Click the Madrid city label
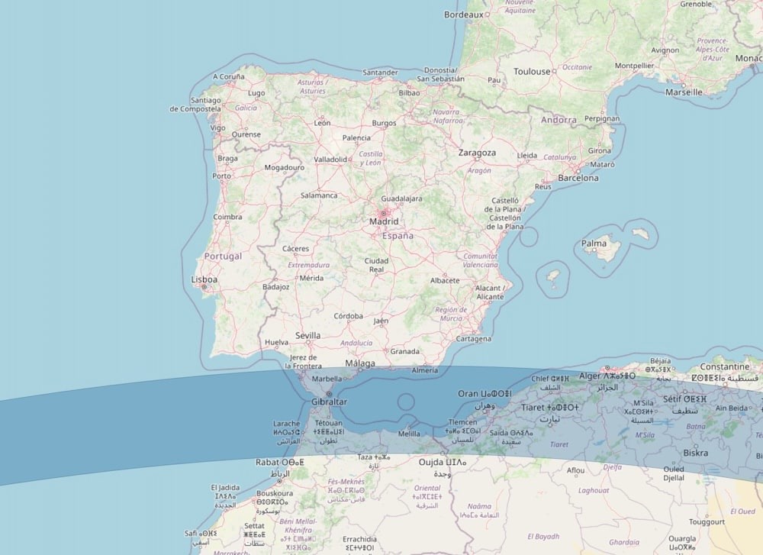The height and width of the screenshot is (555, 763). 384,221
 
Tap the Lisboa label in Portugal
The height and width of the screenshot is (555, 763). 204,279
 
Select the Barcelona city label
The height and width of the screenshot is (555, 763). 578,178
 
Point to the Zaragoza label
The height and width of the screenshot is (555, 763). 477,153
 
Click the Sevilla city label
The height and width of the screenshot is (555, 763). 307,335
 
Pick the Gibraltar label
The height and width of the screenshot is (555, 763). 329,402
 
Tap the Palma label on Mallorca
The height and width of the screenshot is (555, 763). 594,244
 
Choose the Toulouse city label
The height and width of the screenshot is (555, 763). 532,72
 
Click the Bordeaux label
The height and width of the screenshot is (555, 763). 464,15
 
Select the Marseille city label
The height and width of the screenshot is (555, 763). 684,92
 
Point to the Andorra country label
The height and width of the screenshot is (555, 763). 559,120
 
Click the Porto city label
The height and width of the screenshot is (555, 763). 221,176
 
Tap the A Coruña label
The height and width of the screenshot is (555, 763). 229,76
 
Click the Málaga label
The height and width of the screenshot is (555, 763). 360,363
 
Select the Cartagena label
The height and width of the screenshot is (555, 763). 473,338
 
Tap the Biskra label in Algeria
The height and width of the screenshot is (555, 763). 695,453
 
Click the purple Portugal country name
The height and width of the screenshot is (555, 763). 223,256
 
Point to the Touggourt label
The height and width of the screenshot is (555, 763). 707,522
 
